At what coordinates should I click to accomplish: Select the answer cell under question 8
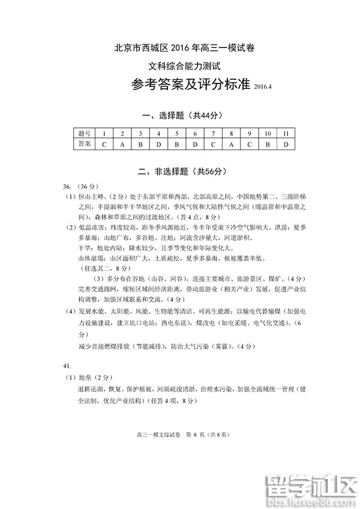click(x=231, y=144)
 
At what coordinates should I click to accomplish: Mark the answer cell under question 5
click(x=177, y=144)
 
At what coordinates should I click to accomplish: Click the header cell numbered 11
click(x=286, y=133)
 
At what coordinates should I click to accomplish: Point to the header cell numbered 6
click(x=195, y=133)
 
